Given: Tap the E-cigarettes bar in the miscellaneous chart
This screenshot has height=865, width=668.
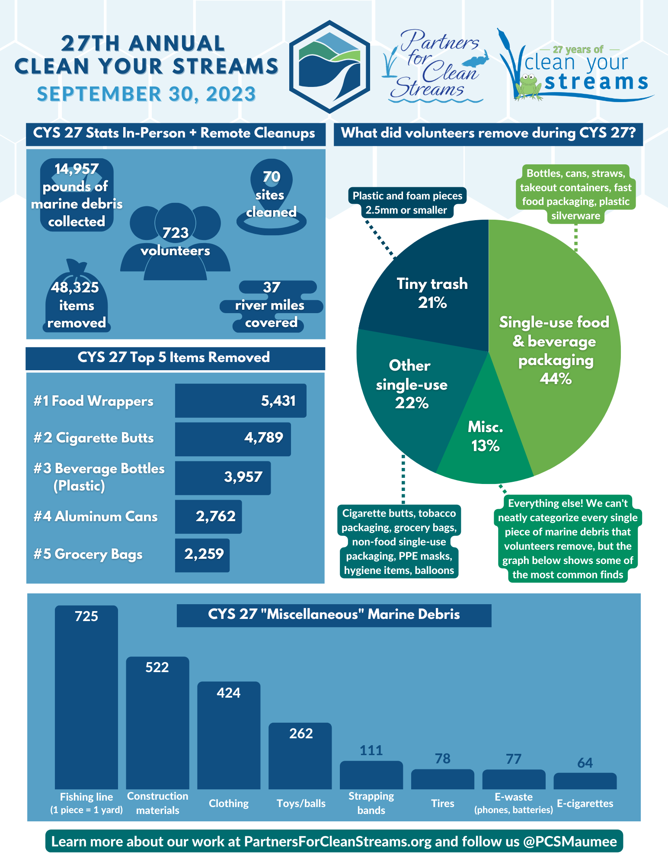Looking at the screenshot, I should click(x=585, y=782).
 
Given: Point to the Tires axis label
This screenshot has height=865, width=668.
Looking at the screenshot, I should click(x=442, y=803).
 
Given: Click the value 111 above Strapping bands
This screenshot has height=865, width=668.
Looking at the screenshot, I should click(x=371, y=750).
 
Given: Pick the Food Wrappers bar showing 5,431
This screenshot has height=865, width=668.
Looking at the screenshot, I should click(x=240, y=400).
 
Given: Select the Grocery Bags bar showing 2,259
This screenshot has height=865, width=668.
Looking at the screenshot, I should click(x=202, y=555).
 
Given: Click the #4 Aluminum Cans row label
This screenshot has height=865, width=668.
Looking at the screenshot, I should click(x=96, y=516).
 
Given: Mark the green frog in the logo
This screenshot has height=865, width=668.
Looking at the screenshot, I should click(x=528, y=86).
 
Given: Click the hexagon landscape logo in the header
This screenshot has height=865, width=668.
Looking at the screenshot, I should click(x=329, y=67).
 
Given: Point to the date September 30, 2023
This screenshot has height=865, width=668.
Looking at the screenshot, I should click(x=146, y=94).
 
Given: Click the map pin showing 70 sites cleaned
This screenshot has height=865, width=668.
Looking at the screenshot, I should click(x=271, y=195).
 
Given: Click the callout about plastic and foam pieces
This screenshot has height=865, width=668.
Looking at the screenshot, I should click(x=407, y=202).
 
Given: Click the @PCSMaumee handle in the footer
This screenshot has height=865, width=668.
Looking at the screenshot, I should click(x=570, y=841).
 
